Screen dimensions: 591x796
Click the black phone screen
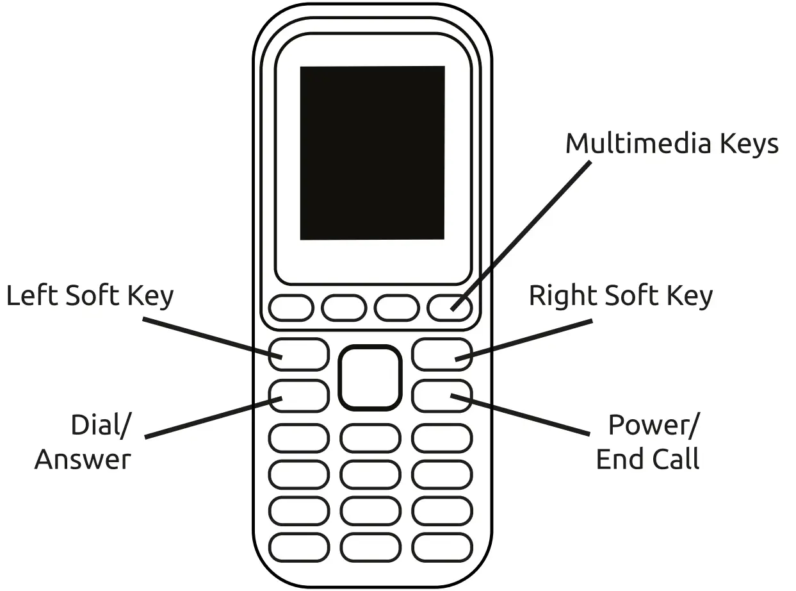tap(372, 153)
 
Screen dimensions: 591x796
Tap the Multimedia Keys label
tap(672, 144)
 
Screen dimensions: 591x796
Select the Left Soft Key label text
tap(90, 296)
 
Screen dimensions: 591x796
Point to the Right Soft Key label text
tap(621, 296)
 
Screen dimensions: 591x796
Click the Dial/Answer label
tap(83, 442)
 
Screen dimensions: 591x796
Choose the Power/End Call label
tap(648, 442)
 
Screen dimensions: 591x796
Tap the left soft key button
tap(298, 354)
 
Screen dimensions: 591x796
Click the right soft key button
tap(442, 354)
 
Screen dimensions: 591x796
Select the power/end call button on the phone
tap(442, 395)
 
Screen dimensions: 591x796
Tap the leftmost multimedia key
tap(291, 308)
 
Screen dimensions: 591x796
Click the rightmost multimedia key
tap(450, 308)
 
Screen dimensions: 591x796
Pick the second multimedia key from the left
tap(345, 308)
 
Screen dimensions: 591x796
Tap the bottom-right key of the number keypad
tap(442, 548)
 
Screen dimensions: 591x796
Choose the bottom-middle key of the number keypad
tap(370, 548)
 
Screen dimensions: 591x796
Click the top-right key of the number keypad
tap(442, 438)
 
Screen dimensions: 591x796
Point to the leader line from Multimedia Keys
tap(522, 234)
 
